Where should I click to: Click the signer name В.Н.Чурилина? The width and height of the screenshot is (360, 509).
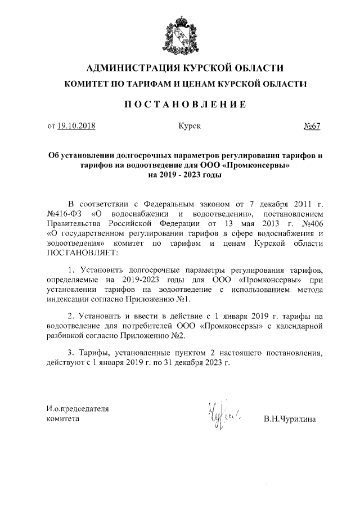pos(290,419)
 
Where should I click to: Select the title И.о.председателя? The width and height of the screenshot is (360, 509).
pos(77,408)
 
